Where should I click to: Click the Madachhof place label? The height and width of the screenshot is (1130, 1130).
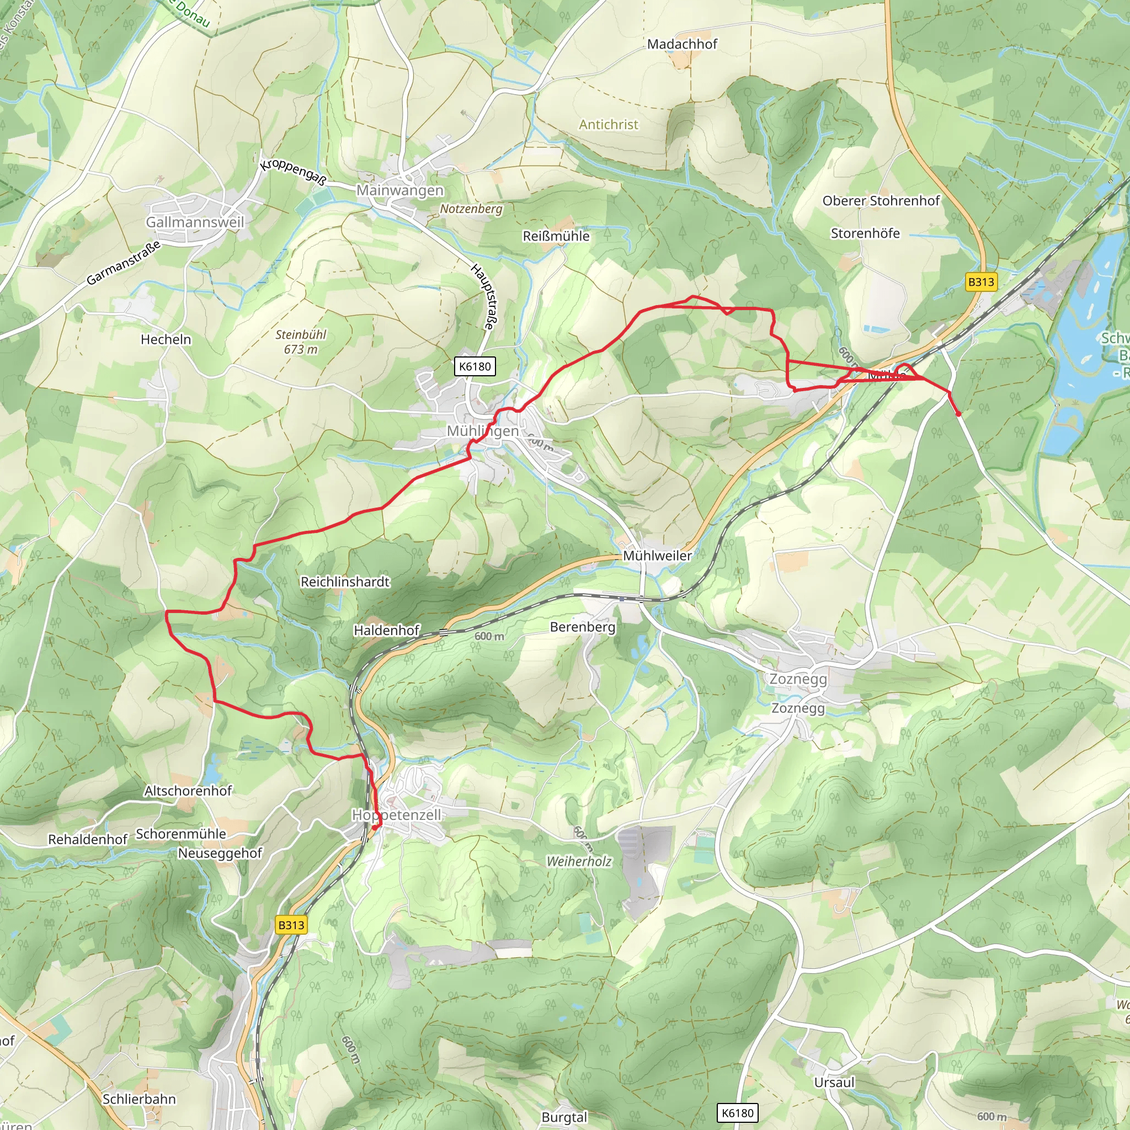(x=682, y=44)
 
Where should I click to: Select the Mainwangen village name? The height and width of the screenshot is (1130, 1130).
(x=400, y=191)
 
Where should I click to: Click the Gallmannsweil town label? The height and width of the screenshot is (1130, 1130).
(x=195, y=222)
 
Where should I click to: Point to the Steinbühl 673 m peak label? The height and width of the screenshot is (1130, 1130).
(x=301, y=342)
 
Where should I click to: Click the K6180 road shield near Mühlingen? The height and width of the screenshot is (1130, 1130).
(x=475, y=367)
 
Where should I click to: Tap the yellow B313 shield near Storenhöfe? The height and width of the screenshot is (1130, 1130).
(x=981, y=282)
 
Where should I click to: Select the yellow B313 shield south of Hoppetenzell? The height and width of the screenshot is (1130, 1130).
(x=291, y=925)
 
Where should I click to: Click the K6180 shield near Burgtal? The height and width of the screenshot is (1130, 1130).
(x=738, y=1112)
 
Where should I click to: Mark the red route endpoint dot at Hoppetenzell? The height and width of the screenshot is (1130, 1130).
(x=375, y=828)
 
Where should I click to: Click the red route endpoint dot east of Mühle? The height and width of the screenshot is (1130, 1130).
(x=958, y=414)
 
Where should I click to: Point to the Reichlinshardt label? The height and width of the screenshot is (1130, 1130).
(x=344, y=582)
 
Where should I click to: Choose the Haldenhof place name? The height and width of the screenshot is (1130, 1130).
(x=386, y=631)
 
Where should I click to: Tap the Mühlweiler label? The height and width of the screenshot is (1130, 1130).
(x=657, y=556)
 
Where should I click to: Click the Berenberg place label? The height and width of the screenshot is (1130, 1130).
(x=583, y=627)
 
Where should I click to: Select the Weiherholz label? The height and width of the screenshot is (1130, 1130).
(x=578, y=861)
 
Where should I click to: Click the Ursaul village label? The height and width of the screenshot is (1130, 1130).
(x=834, y=1083)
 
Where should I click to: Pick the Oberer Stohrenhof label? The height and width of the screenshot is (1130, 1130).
(x=881, y=201)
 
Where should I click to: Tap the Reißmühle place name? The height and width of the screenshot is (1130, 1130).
(x=556, y=236)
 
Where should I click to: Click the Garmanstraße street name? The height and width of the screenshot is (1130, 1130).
(x=124, y=263)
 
